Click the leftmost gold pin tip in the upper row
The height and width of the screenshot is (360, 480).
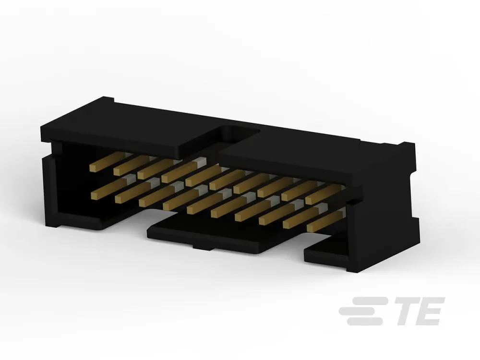[93, 168]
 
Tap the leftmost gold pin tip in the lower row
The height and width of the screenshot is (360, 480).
[95, 194]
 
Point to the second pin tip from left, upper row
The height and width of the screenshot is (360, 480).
[117, 171]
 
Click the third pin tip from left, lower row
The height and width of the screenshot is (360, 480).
[143, 202]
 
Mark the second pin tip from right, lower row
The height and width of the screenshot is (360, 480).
[287, 224]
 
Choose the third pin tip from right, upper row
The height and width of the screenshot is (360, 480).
[261, 193]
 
